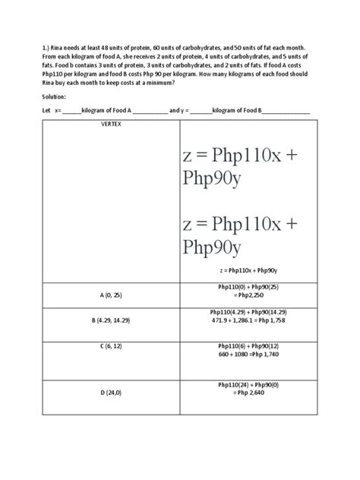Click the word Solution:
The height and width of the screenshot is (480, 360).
(x=55, y=97)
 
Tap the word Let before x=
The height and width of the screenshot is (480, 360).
(x=46, y=111)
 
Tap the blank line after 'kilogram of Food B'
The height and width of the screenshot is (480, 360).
(x=286, y=112)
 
